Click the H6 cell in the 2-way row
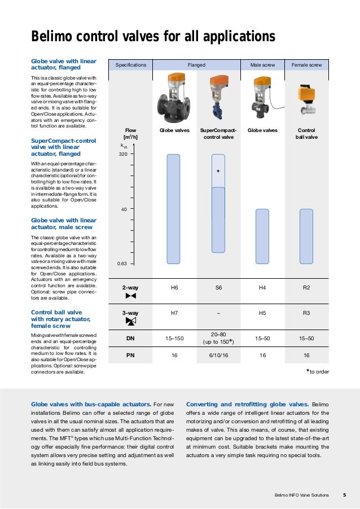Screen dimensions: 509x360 click(174, 288)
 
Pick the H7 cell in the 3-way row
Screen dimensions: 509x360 click(174, 313)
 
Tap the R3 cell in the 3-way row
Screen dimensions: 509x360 click(306, 313)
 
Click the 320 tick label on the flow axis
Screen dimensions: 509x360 click(122, 153)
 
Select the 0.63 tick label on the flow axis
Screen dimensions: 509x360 click(121, 264)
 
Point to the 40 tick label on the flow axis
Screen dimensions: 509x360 click(124, 209)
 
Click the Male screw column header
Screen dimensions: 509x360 click(262, 65)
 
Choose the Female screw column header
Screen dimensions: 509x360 click(306, 65)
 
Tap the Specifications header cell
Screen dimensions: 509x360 click(131, 65)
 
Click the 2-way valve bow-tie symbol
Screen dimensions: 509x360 click(131, 296)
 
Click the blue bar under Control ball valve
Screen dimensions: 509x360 click(306, 236)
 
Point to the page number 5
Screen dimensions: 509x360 click(344, 495)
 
